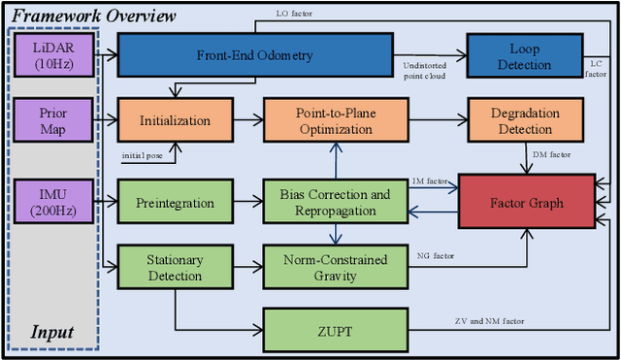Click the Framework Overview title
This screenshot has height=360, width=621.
94,16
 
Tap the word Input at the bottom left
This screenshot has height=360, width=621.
50,332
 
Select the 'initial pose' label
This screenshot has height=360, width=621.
144,155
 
